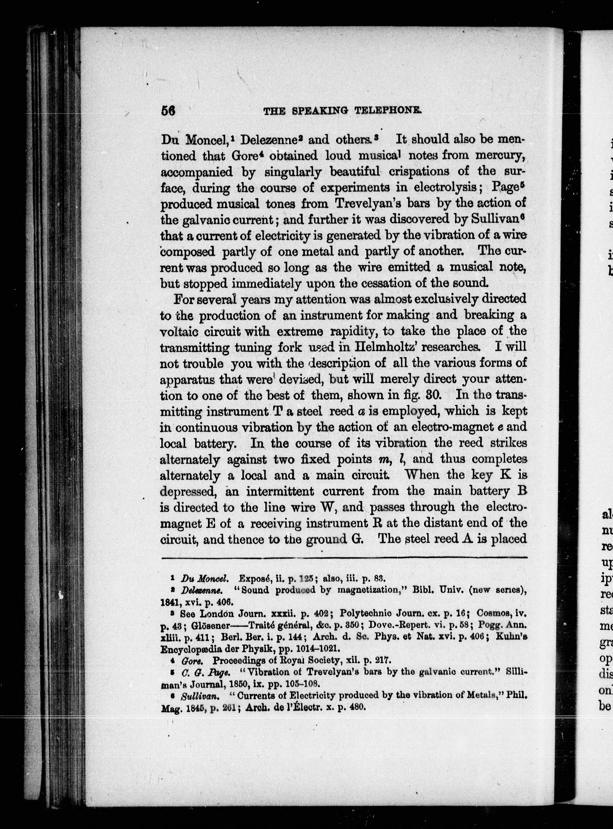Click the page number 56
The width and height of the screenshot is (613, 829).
[x=168, y=111]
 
